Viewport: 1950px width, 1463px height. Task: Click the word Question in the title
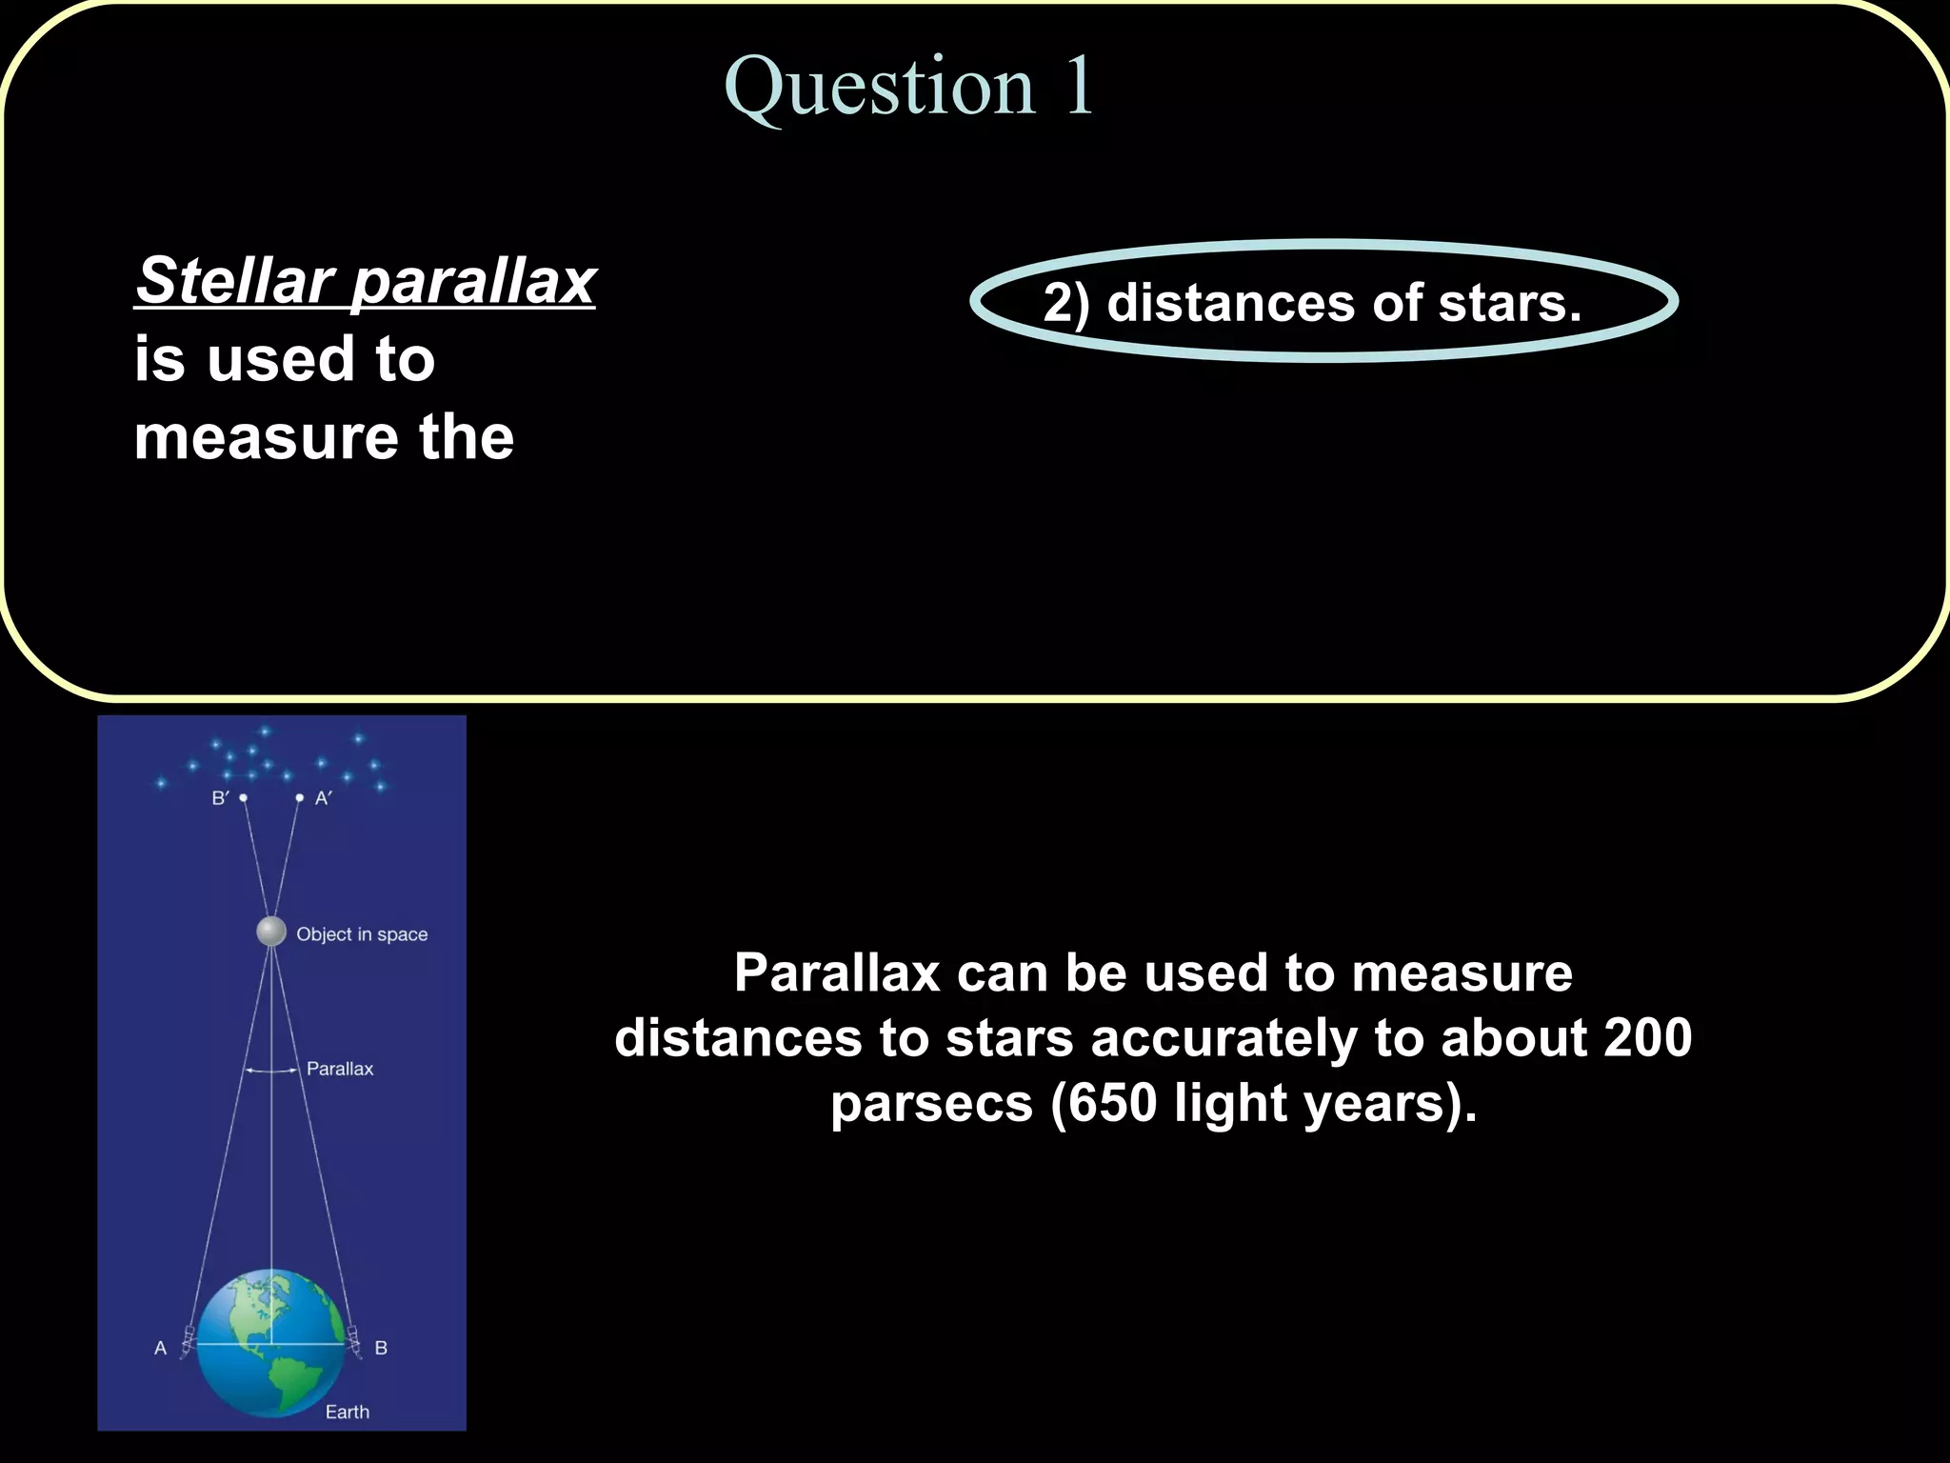coord(879,88)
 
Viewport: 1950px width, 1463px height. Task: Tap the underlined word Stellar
coord(234,281)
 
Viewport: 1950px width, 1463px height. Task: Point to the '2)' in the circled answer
coord(1066,304)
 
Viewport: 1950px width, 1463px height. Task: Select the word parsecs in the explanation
coord(931,1103)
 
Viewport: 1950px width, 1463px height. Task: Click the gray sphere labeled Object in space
coord(271,931)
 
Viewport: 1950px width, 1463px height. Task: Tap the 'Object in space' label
coord(362,934)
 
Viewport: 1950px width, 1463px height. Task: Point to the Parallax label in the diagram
coord(340,1069)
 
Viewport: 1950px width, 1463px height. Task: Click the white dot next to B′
coord(244,797)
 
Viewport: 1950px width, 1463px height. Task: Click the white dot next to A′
coord(300,797)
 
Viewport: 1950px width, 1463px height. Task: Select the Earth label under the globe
coord(347,1412)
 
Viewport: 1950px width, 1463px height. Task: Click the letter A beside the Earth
coord(160,1348)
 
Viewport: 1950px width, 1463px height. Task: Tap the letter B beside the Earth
coord(381,1348)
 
